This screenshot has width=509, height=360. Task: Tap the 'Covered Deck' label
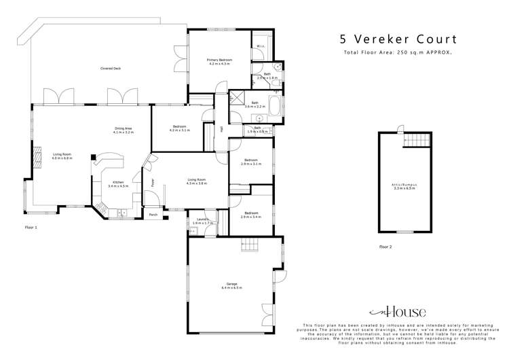pyautogui.click(x=111, y=68)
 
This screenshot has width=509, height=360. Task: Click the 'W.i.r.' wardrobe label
pyautogui.click(x=261, y=46)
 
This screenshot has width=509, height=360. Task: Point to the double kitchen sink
pyautogui.click(x=123, y=213)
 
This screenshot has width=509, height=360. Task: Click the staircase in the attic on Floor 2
pyautogui.click(x=417, y=139)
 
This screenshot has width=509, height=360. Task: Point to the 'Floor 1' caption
pyautogui.click(x=31, y=228)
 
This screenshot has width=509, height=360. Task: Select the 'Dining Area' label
pyautogui.click(x=123, y=130)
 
